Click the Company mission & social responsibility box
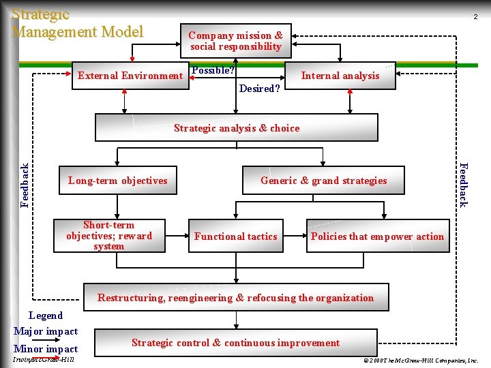coord(236,41)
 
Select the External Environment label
coord(130,76)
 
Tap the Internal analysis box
coord(340,76)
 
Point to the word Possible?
coord(213,70)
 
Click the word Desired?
coord(259,89)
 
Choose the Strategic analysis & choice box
coord(236,127)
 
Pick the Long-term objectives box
coord(117,181)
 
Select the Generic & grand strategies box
coord(323,181)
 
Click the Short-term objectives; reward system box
coord(109,236)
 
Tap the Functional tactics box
coord(235,236)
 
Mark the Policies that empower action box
coord(377,236)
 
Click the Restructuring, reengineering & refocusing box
coord(235,297)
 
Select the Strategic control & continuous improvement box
coord(235,343)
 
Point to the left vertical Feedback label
coord(25,185)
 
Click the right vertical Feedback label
coord(463,184)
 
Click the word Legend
coord(46,316)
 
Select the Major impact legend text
coord(46,331)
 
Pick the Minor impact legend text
coord(46,349)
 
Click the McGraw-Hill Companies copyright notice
coord(421,359)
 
